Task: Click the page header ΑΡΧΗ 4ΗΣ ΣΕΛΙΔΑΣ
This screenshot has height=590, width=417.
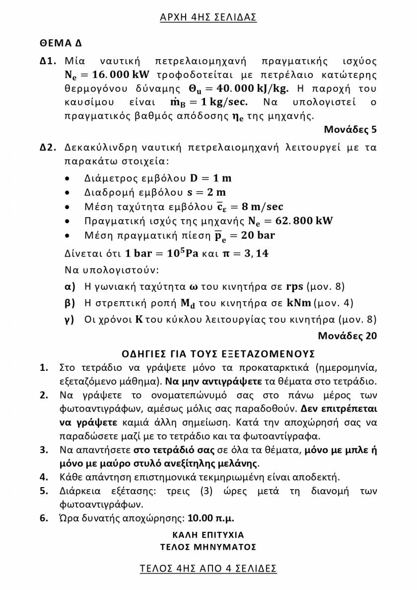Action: tap(208, 17)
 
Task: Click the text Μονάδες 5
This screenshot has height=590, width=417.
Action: tap(350, 130)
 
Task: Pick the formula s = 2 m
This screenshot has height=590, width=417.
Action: tap(205, 192)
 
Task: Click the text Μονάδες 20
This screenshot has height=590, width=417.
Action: tap(347, 336)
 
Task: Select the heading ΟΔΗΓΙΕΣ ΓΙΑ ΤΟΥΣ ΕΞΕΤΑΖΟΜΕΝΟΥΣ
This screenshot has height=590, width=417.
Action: tap(218, 354)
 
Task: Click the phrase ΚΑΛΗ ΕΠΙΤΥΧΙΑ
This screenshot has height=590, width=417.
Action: tap(208, 535)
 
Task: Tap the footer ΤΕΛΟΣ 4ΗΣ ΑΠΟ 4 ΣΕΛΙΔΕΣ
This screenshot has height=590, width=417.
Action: tap(208, 568)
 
